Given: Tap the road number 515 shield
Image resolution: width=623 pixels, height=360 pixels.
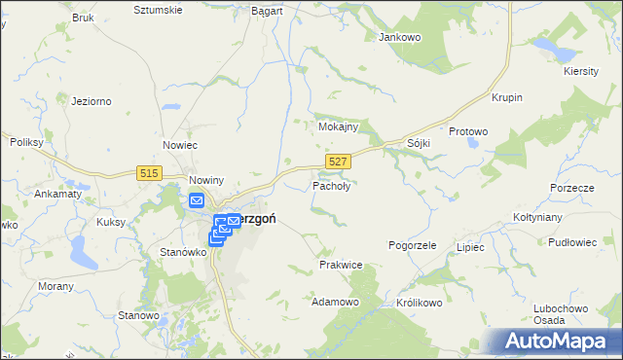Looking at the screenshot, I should pos(149,172).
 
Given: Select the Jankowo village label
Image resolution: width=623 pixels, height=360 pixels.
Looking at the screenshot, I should pos(397,37).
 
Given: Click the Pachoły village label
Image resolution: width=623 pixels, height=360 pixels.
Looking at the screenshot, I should pos(331,185).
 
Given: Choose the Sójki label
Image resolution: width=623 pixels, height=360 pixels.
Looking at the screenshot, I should pos(419,143).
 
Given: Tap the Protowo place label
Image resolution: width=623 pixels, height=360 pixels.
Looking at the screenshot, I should pos(468,131).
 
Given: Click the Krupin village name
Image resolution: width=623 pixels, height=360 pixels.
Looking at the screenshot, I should pos(507,98).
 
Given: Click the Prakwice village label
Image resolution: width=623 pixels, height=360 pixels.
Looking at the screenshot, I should pos(341,265).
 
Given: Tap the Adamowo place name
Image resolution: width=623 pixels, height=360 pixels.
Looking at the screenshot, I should pos(335,303).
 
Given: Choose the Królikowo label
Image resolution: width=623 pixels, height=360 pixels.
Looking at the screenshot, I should pos(421,303).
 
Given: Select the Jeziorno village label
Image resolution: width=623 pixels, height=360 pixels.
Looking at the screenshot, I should pos(92,100).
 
